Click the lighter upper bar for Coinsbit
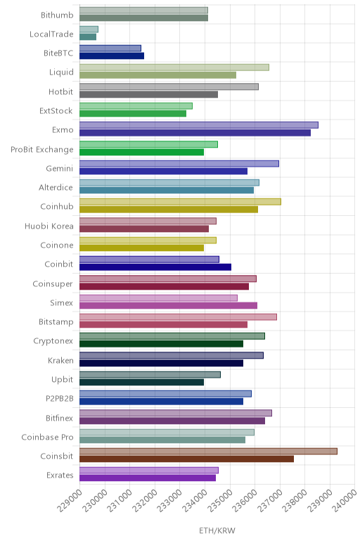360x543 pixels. [x=208, y=452]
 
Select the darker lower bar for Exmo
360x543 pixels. [x=195, y=133]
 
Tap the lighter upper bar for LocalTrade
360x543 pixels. [x=89, y=30]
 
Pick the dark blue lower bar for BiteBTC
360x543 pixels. [x=112, y=56]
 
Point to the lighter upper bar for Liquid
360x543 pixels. [x=174, y=68]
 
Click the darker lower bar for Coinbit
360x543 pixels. [x=155, y=267]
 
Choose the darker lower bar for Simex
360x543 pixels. [x=168, y=305]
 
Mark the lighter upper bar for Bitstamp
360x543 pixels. [x=179, y=317]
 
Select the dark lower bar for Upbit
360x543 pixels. [x=141, y=383]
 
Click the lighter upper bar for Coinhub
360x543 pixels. [x=180, y=202]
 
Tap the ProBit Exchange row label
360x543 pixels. [x=42, y=150]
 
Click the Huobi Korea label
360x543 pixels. [x=49, y=226]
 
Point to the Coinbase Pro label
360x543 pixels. [x=47, y=437]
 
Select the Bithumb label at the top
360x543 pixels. [x=57, y=15]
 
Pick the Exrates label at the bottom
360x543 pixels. [x=60, y=475]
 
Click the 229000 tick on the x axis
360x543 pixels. [x=70, y=501]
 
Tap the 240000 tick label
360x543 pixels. [x=345, y=501]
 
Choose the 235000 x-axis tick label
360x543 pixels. [x=219, y=501]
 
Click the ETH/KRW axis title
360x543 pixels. [x=217, y=530]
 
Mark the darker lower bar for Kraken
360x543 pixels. [x=161, y=363]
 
